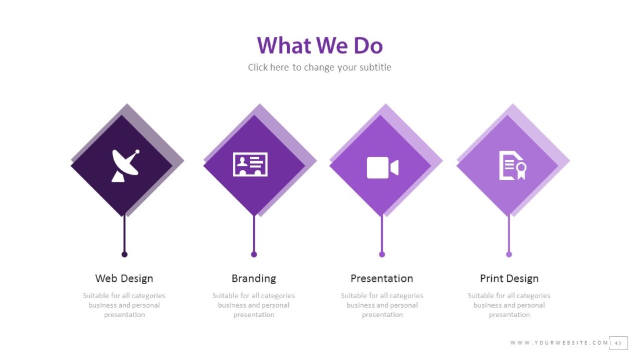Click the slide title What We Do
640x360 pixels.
coord(319,46)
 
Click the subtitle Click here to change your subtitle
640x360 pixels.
coord(319,67)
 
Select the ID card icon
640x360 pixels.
coord(250,165)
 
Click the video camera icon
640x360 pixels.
coord(382,168)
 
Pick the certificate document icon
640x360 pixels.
coord(512,165)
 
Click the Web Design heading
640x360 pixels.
coord(124,278)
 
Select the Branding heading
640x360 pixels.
coord(254,278)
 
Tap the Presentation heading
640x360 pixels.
coord(382,278)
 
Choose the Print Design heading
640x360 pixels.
coord(509,278)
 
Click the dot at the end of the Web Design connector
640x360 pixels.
coord(124,254)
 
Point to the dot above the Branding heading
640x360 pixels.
coord(254,254)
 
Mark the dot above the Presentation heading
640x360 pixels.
coord(382,254)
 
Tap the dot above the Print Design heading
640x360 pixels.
coord(509,254)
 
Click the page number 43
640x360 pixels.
coord(618,343)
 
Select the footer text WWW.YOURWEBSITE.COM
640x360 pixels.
coord(559,343)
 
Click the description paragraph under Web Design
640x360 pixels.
coord(124,305)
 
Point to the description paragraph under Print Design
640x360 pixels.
coord(509,305)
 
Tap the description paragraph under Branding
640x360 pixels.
coord(254,305)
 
